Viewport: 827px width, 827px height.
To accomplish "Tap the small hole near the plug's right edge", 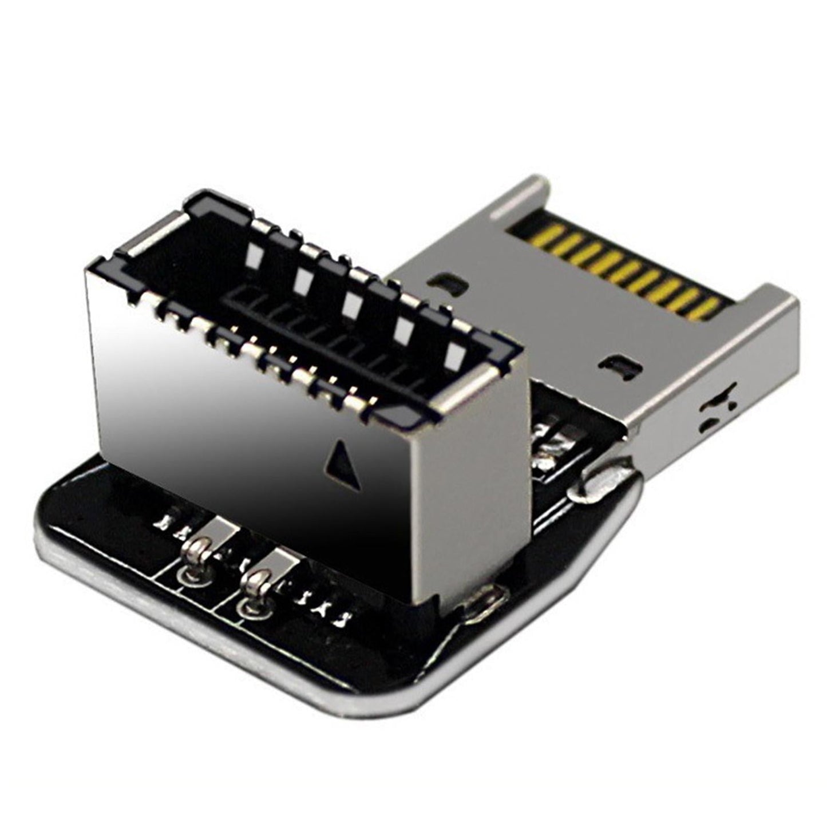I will pyautogui.click(x=618, y=367).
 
